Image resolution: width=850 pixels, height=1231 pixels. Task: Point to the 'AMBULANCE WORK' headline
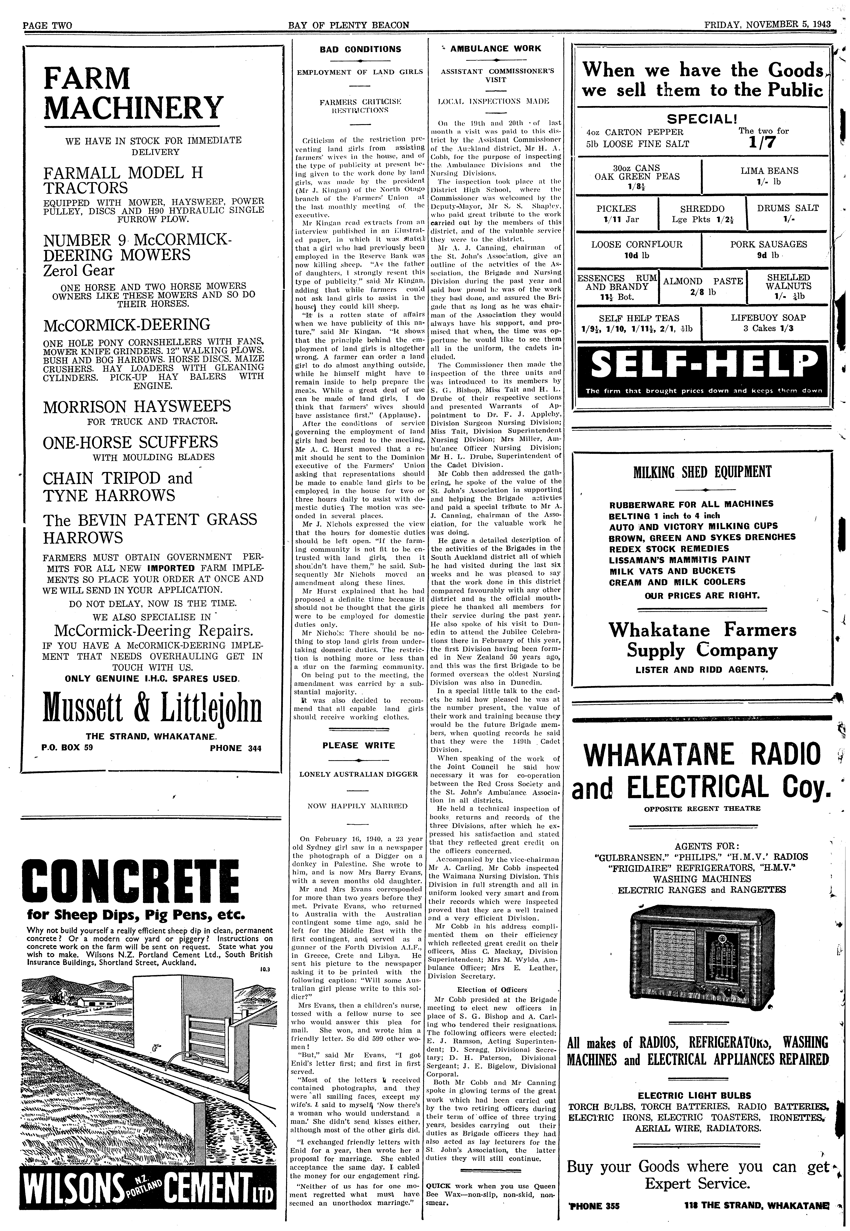coord(495,48)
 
